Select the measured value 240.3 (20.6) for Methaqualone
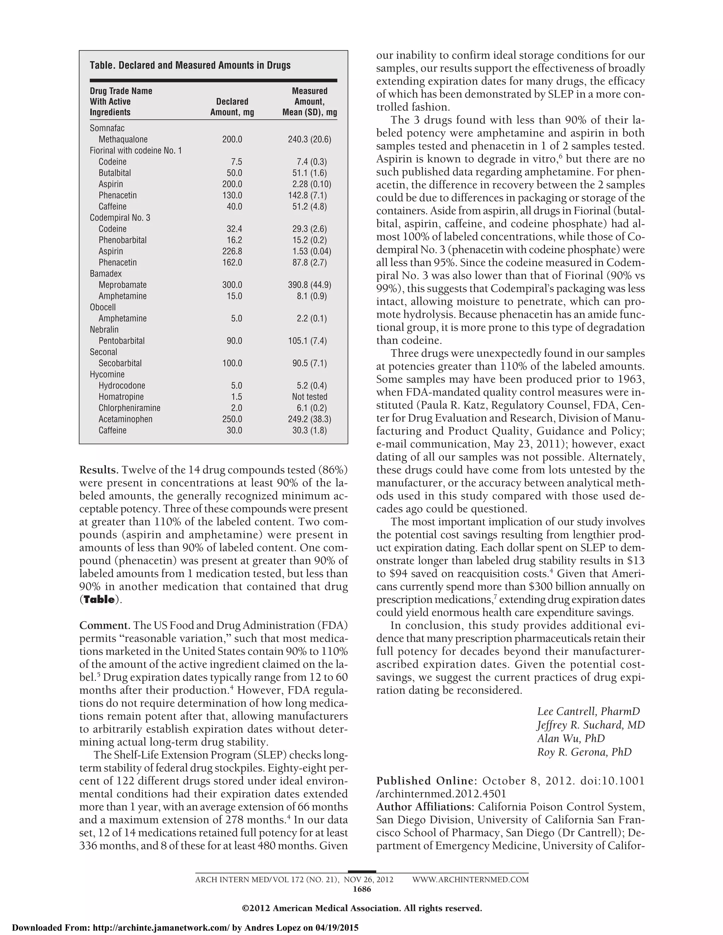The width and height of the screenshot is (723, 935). pyautogui.click(x=309, y=140)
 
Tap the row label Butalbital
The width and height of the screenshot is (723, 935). pyautogui.click(x=115, y=173)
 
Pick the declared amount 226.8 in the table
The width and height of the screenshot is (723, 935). pyautogui.click(x=232, y=251)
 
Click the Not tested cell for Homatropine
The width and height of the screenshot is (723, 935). pyautogui.click(x=309, y=397)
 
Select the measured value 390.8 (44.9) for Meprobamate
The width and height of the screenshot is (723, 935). pyautogui.click(x=309, y=285)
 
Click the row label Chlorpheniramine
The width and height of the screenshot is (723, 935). pyautogui.click(x=129, y=408)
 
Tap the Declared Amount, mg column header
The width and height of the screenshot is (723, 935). pyautogui.click(x=232, y=107)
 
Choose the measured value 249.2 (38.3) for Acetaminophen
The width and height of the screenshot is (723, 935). pyautogui.click(x=309, y=419)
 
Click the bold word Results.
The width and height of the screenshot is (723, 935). pyautogui.click(x=99, y=470)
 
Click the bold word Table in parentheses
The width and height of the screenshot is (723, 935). pyautogui.click(x=99, y=600)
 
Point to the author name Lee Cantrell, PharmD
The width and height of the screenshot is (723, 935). pyautogui.click(x=588, y=712)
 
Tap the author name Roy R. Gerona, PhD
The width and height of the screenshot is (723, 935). pyautogui.click(x=584, y=752)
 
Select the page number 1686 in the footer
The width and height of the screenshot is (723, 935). pyautogui.click(x=361, y=889)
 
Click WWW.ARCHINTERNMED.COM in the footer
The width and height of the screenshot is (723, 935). pyautogui.click(x=470, y=880)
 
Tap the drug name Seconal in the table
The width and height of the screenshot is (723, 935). pyautogui.click(x=103, y=352)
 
